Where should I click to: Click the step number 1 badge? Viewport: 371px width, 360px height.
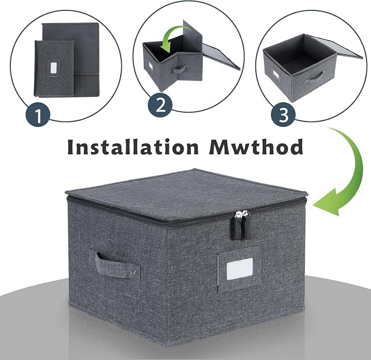(38, 115)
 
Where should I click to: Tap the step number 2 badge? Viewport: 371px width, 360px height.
(161, 105)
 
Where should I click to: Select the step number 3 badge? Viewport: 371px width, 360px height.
(283, 115)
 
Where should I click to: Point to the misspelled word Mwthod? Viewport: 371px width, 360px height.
(256, 147)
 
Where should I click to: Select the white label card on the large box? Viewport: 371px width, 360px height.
(239, 269)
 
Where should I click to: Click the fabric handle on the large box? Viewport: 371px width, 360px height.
(116, 265)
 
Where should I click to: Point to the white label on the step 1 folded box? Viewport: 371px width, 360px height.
(54, 68)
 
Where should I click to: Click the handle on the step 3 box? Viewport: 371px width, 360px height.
(315, 77)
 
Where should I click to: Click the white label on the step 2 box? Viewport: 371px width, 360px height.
(150, 66)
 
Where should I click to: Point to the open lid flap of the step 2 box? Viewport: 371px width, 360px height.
(221, 57)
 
